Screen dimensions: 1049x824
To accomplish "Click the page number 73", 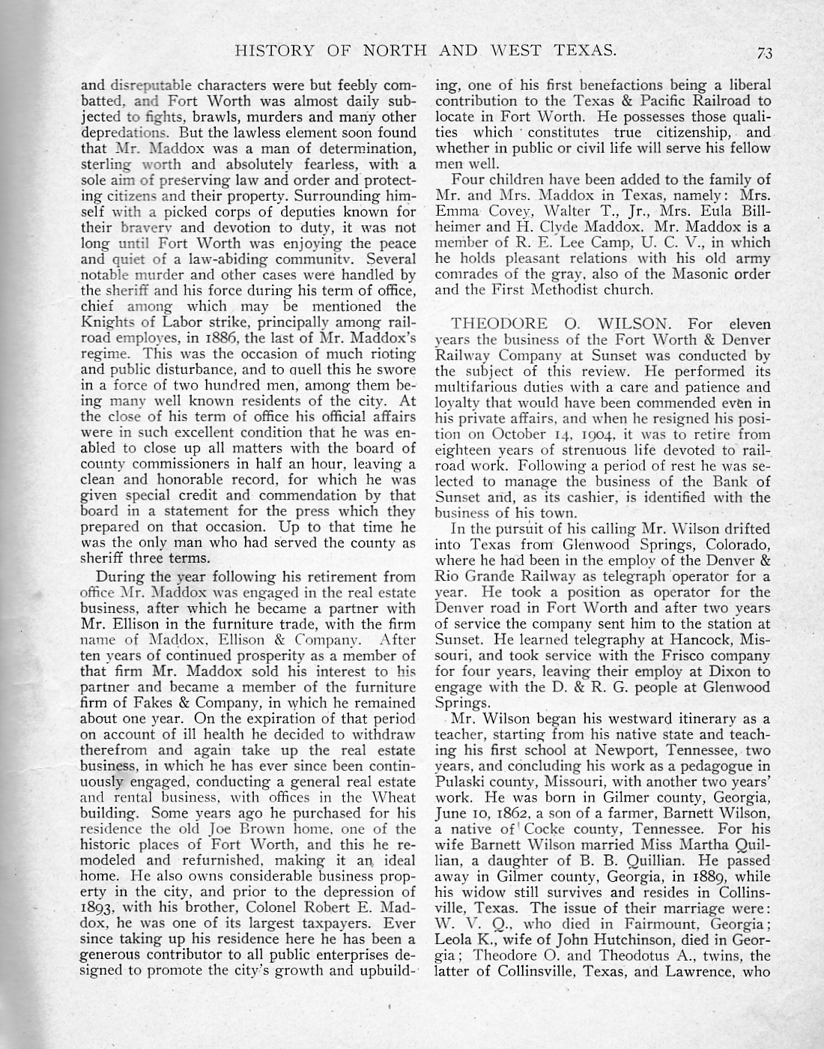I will pyautogui.click(x=765, y=52).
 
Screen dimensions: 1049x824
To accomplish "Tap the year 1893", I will pyautogui.click(x=100, y=907).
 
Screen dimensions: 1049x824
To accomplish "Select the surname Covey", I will pyautogui.click(x=510, y=211).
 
